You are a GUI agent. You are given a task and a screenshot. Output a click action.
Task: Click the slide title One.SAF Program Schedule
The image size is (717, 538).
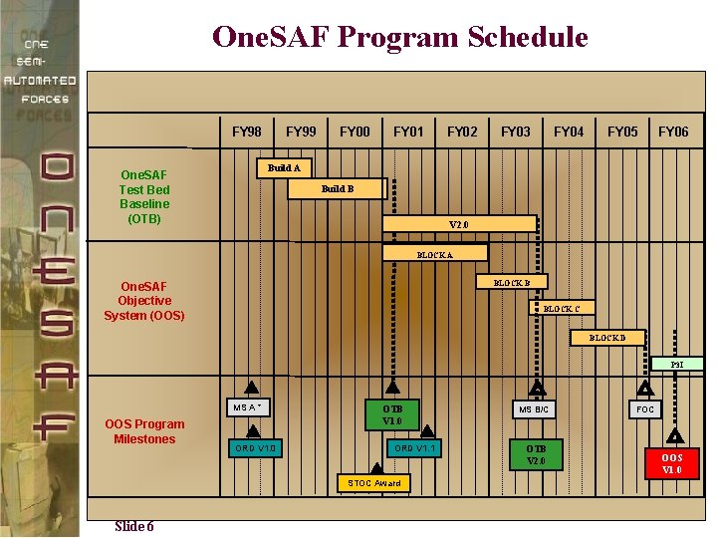pyautogui.click(x=400, y=38)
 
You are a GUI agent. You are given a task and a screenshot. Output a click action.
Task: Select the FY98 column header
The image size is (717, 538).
pyautogui.click(x=247, y=132)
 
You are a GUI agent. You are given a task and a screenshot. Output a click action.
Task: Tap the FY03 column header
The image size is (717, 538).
pyautogui.click(x=516, y=132)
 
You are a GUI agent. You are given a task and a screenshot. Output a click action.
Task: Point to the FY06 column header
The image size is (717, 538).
pyautogui.click(x=673, y=132)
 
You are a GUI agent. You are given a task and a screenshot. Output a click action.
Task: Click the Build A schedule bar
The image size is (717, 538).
pyautogui.click(x=285, y=167)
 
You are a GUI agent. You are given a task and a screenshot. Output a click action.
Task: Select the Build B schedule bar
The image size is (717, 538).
pyautogui.click(x=338, y=188)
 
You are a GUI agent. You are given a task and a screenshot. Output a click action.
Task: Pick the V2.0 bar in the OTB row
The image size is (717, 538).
pyautogui.click(x=460, y=224)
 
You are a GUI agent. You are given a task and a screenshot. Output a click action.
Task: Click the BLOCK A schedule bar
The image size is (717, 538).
pyautogui.click(x=435, y=254)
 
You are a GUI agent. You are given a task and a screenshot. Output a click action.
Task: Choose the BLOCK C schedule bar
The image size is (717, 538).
pyautogui.click(x=553, y=309)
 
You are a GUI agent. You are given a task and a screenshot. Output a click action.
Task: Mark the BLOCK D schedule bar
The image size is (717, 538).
pyautogui.click(x=607, y=338)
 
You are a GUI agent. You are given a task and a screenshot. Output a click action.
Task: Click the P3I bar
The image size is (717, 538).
pyautogui.click(x=677, y=365)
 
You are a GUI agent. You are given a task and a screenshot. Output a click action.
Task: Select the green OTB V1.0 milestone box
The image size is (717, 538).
pyautogui.click(x=392, y=414)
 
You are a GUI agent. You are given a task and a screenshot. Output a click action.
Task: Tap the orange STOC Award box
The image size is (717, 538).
pyautogui.click(x=374, y=483)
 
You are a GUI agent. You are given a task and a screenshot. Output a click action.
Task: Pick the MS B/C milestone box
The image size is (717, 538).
pyautogui.click(x=536, y=409)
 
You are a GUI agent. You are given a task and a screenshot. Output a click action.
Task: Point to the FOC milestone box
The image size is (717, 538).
pyautogui.click(x=645, y=409)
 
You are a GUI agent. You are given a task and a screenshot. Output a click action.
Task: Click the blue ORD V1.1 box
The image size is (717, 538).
pyautogui.click(x=412, y=448)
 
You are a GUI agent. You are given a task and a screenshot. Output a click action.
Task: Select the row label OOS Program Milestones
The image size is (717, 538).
pyautogui.click(x=144, y=431)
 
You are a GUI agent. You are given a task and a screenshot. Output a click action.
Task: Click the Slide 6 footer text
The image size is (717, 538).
pyautogui.click(x=133, y=526)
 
